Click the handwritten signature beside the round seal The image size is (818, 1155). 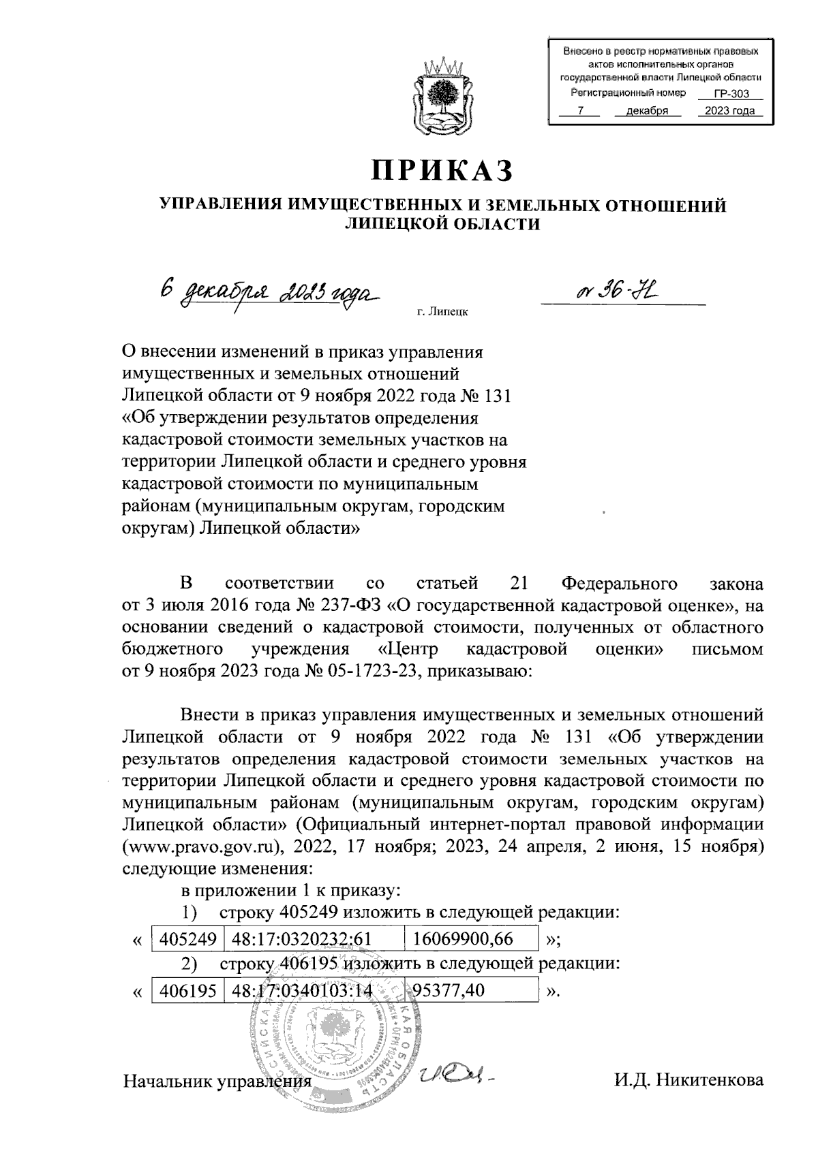pyautogui.click(x=455, y=1075)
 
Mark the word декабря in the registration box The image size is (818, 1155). pyautogui.click(x=641, y=111)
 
